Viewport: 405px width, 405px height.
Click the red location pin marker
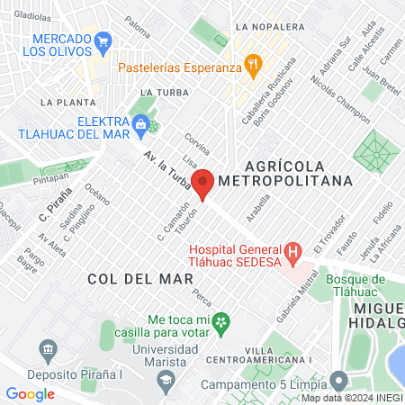click(203, 183)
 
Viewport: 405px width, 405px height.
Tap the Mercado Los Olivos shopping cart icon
click(103, 40)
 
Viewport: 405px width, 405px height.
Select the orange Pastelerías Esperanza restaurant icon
click(255, 63)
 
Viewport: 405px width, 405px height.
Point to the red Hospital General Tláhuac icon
click(292, 251)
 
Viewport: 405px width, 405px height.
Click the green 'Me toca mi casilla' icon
click(222, 321)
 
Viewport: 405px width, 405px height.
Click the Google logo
click(31, 393)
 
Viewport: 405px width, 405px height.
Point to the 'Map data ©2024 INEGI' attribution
click(351, 398)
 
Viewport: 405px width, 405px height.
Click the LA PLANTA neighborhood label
click(68, 103)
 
